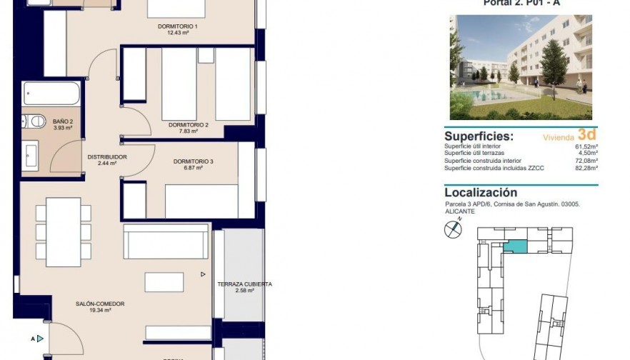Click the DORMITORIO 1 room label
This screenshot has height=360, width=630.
click(x=177, y=27)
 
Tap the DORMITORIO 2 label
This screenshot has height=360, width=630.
click(x=188, y=125)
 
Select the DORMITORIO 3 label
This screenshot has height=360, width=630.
click(x=194, y=161)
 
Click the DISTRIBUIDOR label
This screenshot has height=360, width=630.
click(x=107, y=157)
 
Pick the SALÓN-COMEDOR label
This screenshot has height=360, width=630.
click(x=100, y=304)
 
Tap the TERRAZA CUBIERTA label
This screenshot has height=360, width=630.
click(x=245, y=284)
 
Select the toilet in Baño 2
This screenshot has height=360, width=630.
click(x=27, y=121)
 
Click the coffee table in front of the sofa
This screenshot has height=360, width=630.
click(x=164, y=281)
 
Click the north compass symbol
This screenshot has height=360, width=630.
click(x=453, y=229)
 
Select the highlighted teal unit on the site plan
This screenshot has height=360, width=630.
click(x=514, y=246)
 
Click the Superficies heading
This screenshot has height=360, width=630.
click(x=479, y=136)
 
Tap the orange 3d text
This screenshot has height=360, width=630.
click(x=587, y=134)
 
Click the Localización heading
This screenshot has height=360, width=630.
click(x=480, y=192)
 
